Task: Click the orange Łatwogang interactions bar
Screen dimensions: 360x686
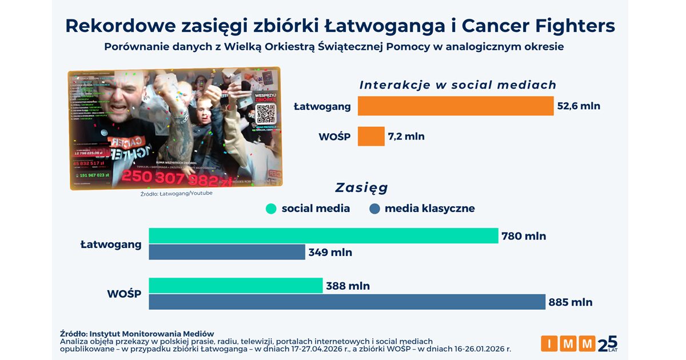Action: pyautogui.click(x=456, y=106)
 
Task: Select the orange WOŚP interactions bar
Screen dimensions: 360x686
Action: pyautogui.click(x=371, y=136)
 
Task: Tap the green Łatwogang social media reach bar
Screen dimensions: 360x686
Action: pyautogui.click(x=323, y=235)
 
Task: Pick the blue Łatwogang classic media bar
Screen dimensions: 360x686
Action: pyautogui.click(x=227, y=252)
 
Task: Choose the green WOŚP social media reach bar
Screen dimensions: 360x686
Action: pyautogui.click(x=236, y=285)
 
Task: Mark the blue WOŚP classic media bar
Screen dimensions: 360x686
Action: pyautogui.click(x=347, y=302)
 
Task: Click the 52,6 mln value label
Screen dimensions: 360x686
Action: pyautogui.click(x=579, y=106)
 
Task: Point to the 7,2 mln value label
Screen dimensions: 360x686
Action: pyautogui.click(x=406, y=137)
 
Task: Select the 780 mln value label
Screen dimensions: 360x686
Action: pyautogui.click(x=524, y=235)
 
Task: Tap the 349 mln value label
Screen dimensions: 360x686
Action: pyautogui.click(x=330, y=252)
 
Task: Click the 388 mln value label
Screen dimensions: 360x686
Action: pyautogui.click(x=348, y=286)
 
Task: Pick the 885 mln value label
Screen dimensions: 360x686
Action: pyautogui.click(x=571, y=302)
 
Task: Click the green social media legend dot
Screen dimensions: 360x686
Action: pyautogui.click(x=271, y=209)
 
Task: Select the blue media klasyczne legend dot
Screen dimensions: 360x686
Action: pyautogui.click(x=374, y=209)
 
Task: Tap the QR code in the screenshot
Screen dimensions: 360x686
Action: pyautogui.click(x=266, y=114)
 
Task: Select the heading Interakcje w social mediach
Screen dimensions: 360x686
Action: pyautogui.click(x=457, y=85)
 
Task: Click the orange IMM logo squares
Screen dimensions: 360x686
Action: pyautogui.click(x=568, y=343)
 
